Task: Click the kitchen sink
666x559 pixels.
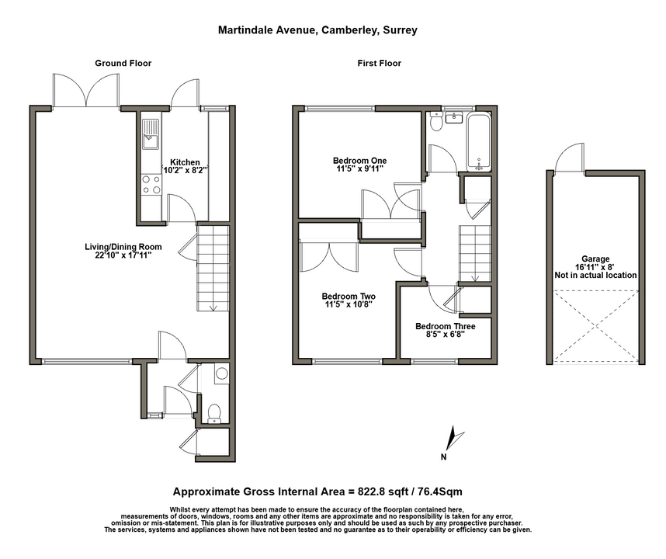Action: [x=151, y=134]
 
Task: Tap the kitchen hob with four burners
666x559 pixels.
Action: [x=151, y=185]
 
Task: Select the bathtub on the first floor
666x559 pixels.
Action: [x=479, y=142]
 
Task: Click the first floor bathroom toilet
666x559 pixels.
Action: [x=436, y=121]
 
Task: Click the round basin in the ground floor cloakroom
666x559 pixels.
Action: [x=222, y=373]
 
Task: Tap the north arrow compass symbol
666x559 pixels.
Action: [x=453, y=439]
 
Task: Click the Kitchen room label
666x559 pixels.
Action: [x=185, y=162]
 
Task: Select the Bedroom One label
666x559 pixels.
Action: [x=359, y=161]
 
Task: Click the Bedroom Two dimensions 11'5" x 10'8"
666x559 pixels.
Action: [x=349, y=304]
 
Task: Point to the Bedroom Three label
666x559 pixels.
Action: [x=445, y=326]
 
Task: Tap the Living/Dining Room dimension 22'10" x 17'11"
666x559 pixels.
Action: [x=123, y=255]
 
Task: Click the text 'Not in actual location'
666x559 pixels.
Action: [x=595, y=276]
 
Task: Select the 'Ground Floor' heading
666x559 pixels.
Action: [x=123, y=64]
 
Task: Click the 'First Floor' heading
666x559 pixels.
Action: [x=380, y=64]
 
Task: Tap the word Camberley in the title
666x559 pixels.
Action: [x=349, y=30]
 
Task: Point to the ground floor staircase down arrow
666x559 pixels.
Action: [x=213, y=307]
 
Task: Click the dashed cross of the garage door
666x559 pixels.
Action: [x=596, y=327]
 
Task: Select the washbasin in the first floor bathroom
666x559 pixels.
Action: [x=455, y=116]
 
